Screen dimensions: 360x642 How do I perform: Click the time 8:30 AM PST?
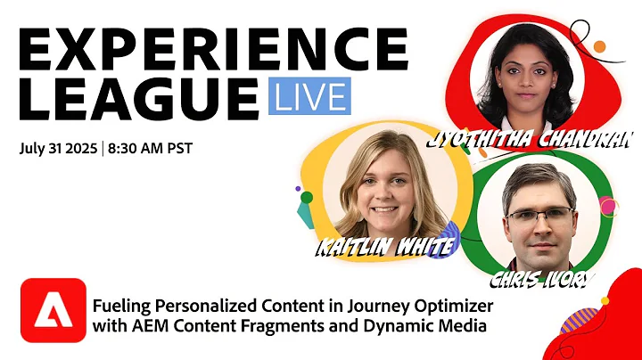tap(150, 148)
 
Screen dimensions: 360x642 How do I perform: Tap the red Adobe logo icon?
tap(53, 309)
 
